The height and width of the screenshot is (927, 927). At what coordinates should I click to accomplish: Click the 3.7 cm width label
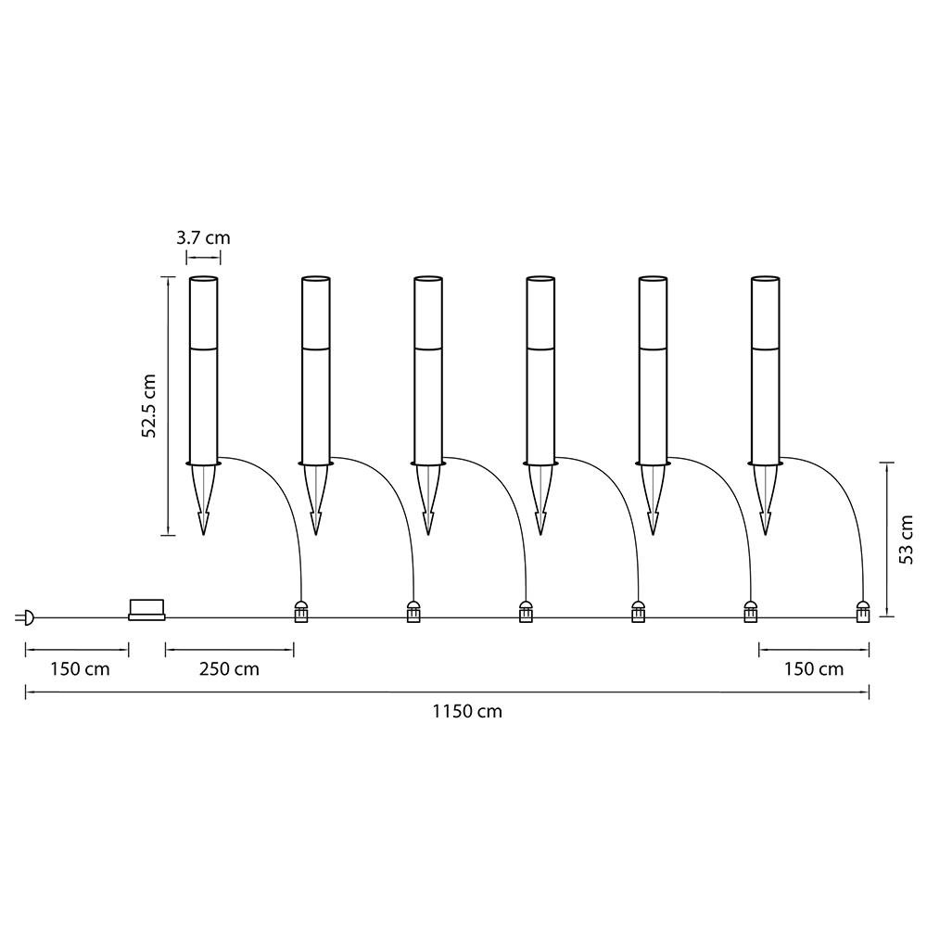(x=203, y=237)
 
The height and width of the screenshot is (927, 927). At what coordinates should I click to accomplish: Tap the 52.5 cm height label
(x=148, y=406)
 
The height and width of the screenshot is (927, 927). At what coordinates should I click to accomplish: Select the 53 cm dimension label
(x=906, y=540)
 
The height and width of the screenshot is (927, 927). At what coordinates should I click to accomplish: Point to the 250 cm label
(x=229, y=669)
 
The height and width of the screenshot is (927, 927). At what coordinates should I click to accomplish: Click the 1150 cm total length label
(x=467, y=711)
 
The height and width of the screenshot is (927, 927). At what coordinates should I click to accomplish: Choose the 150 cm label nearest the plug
(x=80, y=669)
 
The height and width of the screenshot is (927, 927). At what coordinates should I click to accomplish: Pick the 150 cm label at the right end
(x=814, y=669)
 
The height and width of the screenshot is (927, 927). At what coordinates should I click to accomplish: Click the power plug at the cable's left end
(x=25, y=618)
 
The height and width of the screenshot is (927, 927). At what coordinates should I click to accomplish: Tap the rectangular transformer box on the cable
(x=146, y=610)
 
